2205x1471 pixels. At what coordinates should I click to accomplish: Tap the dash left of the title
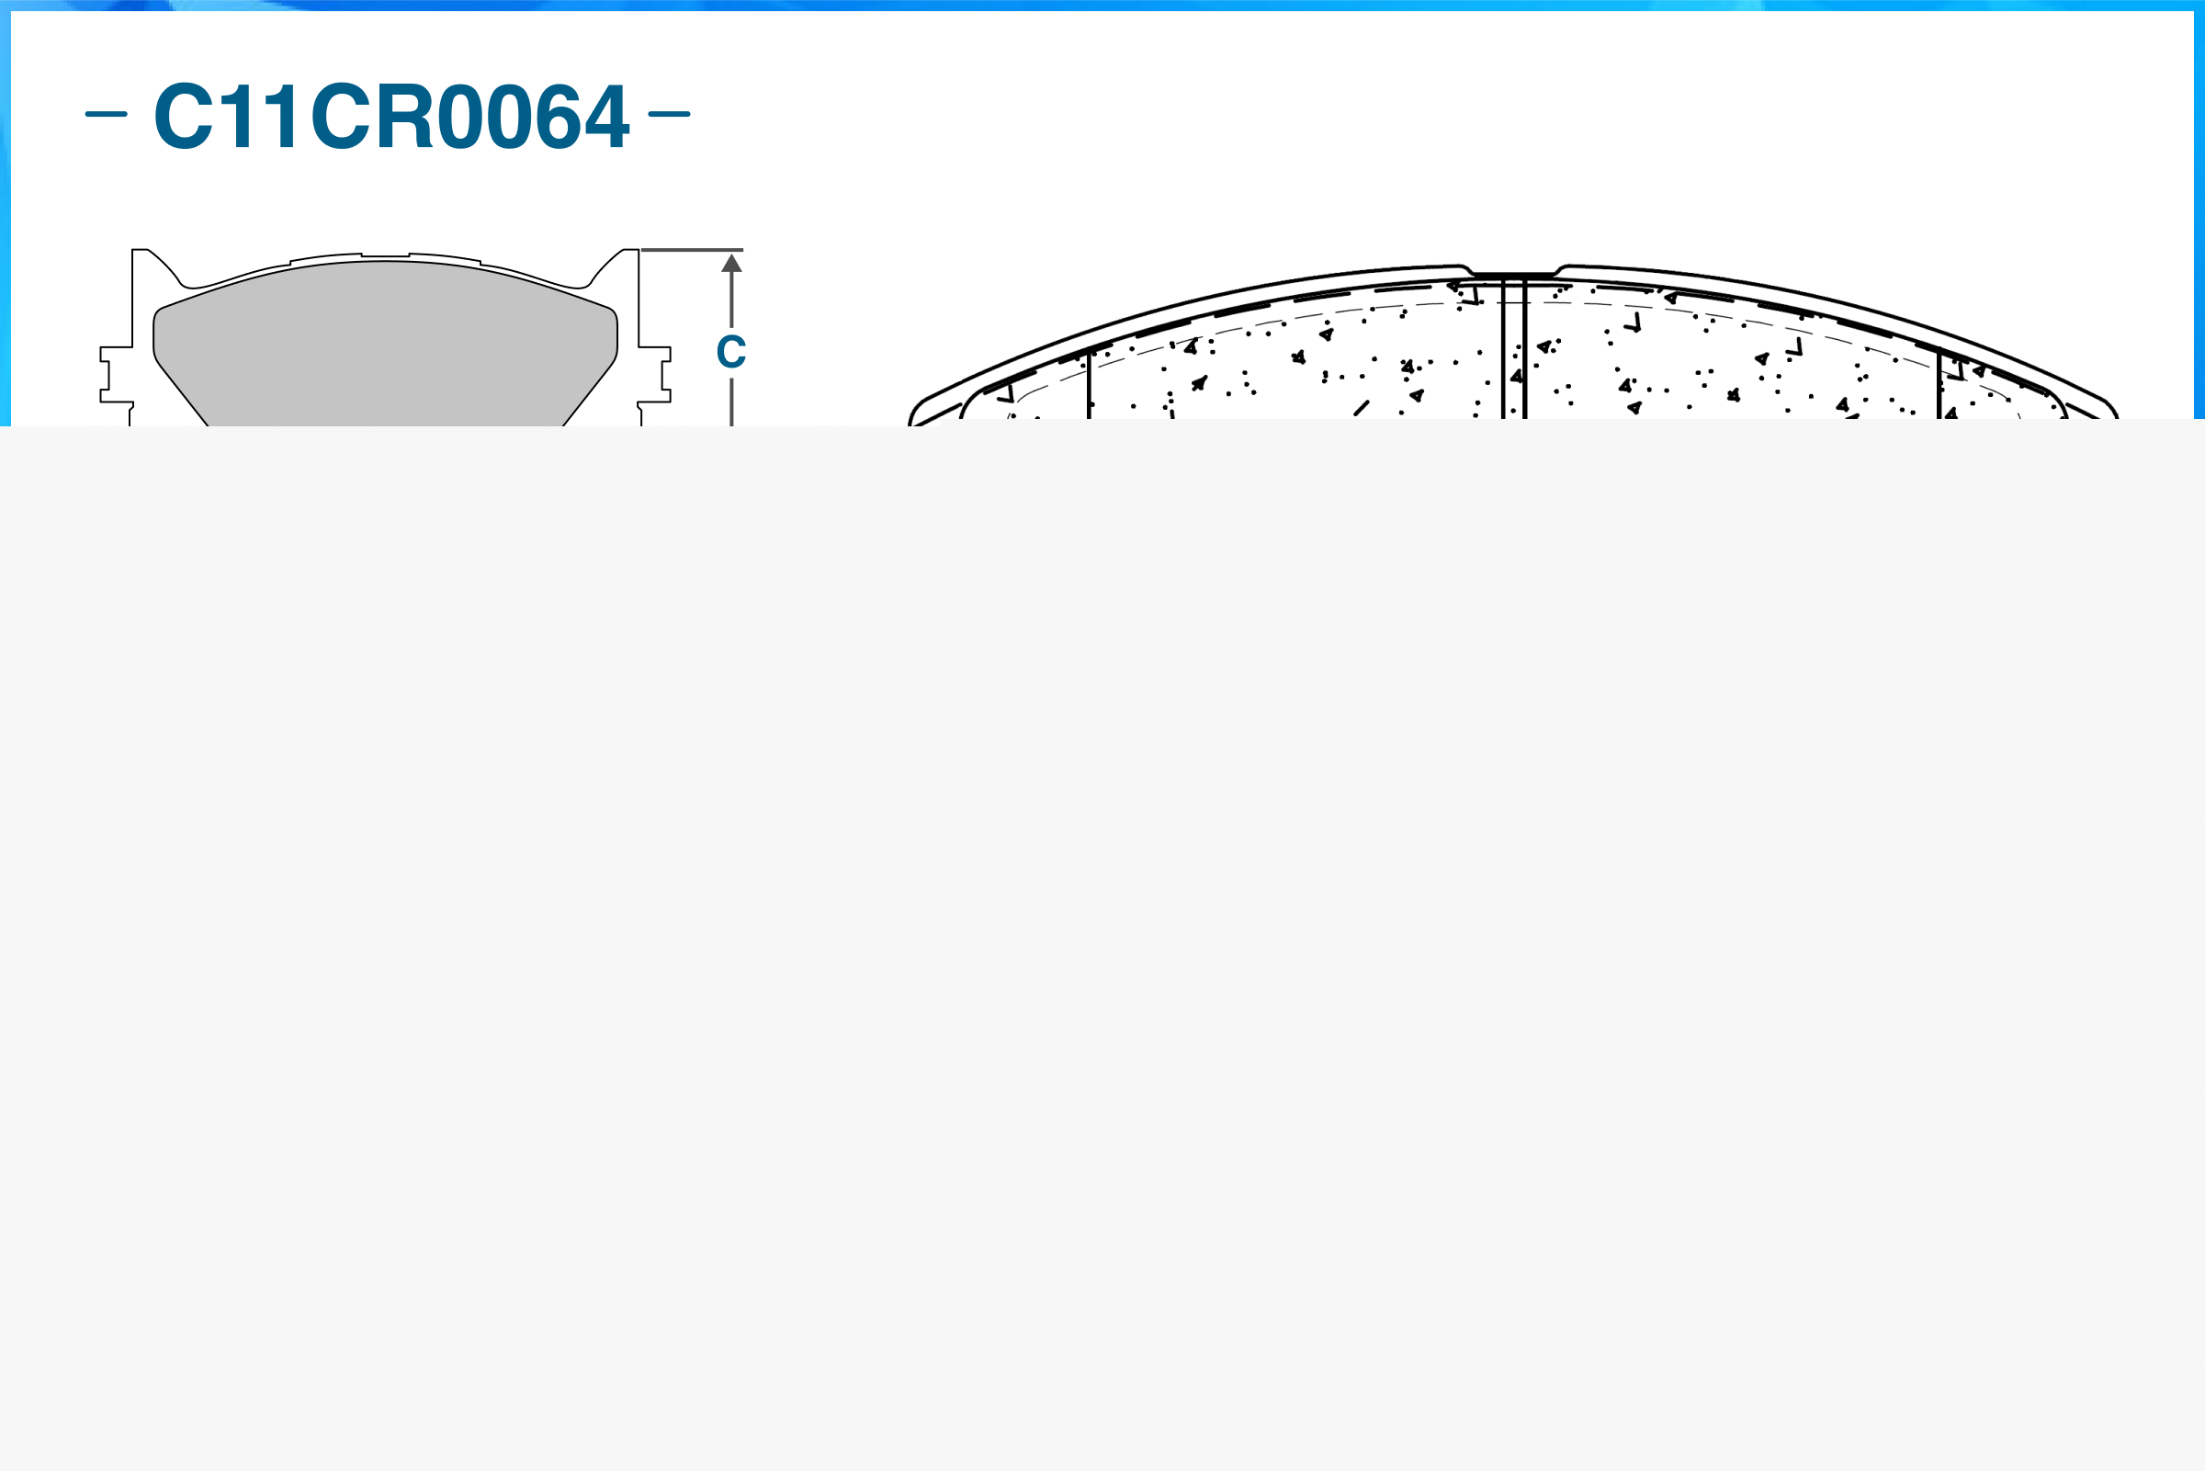click(x=106, y=115)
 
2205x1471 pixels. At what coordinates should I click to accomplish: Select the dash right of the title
click(x=669, y=115)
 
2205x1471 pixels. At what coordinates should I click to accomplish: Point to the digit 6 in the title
click(x=560, y=117)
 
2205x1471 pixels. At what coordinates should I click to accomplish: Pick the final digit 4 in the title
click(x=606, y=117)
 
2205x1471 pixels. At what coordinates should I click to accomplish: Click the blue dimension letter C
click(x=730, y=353)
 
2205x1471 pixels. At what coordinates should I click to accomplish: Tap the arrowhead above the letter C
click(x=731, y=264)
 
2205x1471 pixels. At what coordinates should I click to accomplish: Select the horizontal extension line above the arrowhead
click(x=691, y=251)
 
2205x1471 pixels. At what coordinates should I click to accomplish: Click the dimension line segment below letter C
click(x=731, y=402)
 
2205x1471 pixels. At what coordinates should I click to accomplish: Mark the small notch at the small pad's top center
click(x=386, y=255)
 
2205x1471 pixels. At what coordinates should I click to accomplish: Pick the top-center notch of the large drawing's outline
click(x=1514, y=274)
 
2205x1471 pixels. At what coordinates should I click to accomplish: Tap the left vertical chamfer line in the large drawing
click(x=1089, y=385)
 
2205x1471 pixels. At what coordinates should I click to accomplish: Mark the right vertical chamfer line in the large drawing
click(x=1939, y=385)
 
